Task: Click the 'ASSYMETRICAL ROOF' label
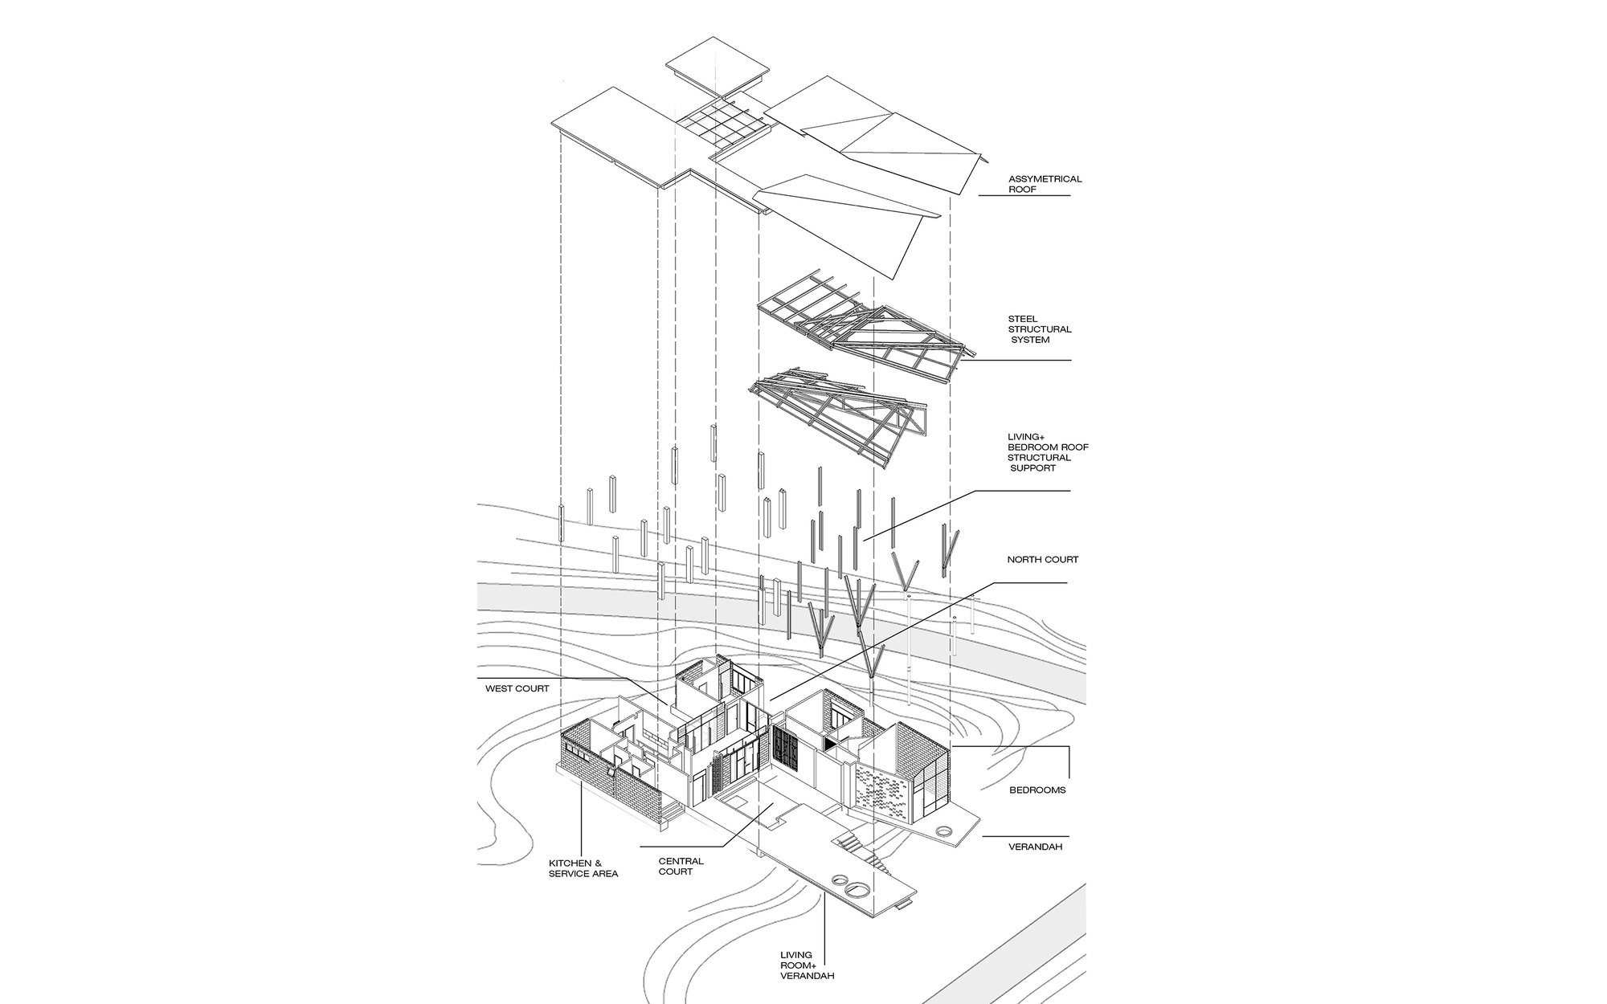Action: tap(1045, 184)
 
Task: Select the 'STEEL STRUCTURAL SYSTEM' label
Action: tap(1039, 329)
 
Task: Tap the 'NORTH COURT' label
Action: tap(1042, 560)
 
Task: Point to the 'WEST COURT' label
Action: tap(517, 688)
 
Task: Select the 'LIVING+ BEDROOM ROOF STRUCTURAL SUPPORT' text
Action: tap(1047, 452)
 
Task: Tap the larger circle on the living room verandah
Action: tap(858, 889)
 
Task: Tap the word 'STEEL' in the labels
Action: tap(1022, 319)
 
